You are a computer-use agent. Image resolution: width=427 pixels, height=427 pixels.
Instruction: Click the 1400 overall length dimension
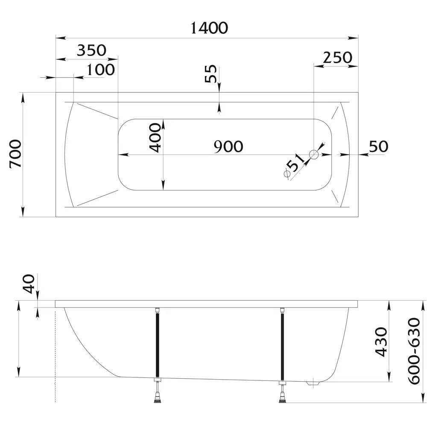209,28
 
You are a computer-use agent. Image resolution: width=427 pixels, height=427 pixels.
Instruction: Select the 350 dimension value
91,50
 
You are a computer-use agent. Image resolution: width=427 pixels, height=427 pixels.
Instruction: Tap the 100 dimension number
100,70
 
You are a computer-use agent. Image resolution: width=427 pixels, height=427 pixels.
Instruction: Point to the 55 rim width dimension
211,73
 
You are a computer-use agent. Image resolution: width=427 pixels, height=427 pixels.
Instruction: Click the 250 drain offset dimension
337,58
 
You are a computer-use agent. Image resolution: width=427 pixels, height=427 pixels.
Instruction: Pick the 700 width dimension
15,154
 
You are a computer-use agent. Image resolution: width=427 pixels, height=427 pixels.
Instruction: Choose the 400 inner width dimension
155,137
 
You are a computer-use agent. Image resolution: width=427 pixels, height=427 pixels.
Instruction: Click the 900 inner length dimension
228,146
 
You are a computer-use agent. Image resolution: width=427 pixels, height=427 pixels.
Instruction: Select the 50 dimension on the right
378,146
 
